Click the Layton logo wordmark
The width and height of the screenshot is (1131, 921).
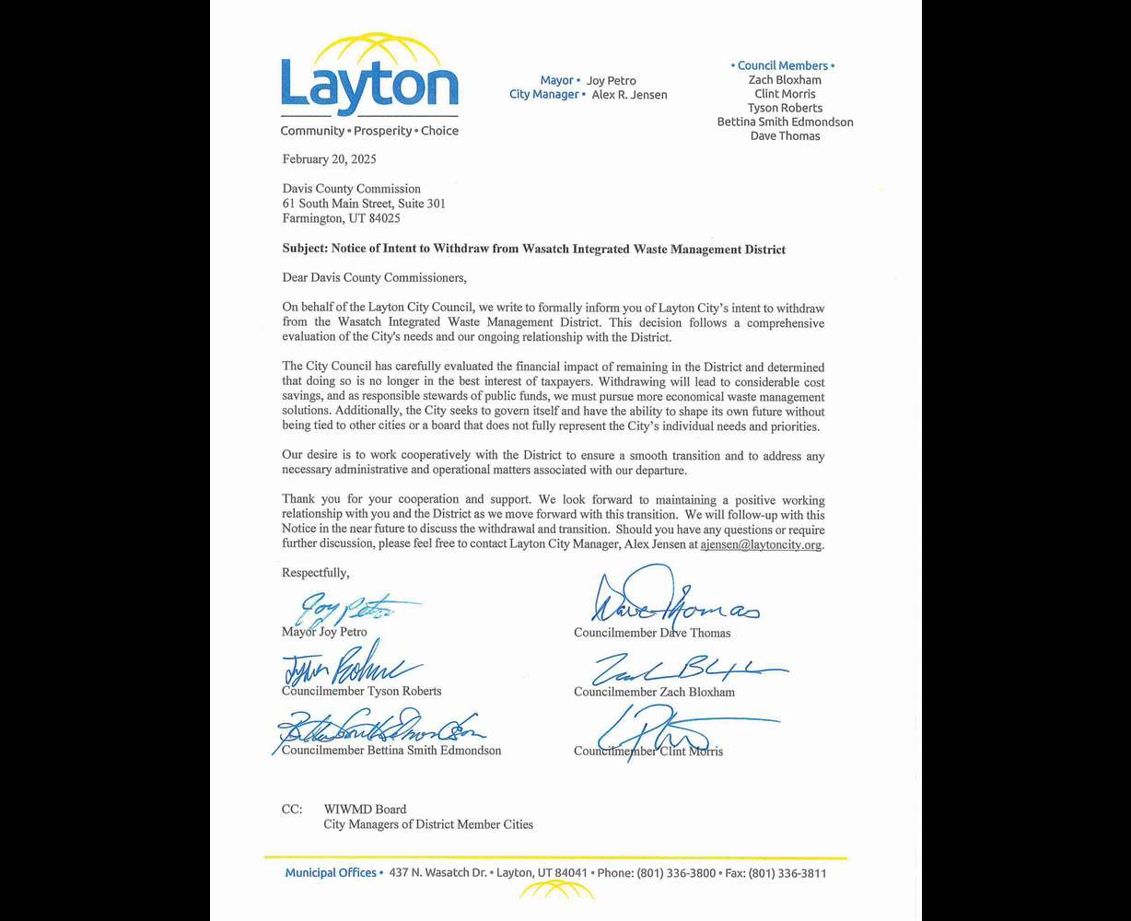click(x=369, y=85)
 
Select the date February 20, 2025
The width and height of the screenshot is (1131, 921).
click(x=329, y=159)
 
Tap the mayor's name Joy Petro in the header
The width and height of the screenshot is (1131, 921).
click(x=611, y=81)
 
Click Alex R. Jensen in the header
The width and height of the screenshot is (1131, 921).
click(x=629, y=95)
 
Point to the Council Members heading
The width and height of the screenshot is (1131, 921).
click(x=782, y=65)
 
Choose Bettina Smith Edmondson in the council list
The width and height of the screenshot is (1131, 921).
click(x=785, y=122)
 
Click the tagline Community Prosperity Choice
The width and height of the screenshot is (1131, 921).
click(x=369, y=131)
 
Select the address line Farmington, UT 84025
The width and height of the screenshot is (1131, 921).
click(x=341, y=218)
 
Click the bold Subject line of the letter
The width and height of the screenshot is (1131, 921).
click(x=533, y=250)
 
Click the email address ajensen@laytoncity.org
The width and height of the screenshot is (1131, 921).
click(x=761, y=544)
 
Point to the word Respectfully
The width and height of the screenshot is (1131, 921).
click(x=315, y=573)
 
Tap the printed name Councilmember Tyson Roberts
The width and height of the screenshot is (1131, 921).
click(x=361, y=691)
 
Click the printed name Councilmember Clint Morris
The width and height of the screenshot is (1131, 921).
click(x=647, y=751)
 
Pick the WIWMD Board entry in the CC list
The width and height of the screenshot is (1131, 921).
click(x=365, y=810)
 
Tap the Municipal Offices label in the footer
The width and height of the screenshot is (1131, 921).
click(x=330, y=873)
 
